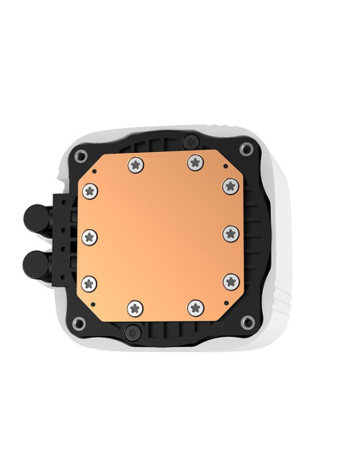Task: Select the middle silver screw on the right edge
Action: point(231,233)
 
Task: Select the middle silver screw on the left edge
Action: point(89,235)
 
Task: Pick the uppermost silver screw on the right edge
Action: point(230,186)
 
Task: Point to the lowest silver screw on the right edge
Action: point(230,280)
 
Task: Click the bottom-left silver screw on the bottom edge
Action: point(135,306)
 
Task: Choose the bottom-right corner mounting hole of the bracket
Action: point(248,322)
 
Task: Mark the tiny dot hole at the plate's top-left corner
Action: point(94,170)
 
